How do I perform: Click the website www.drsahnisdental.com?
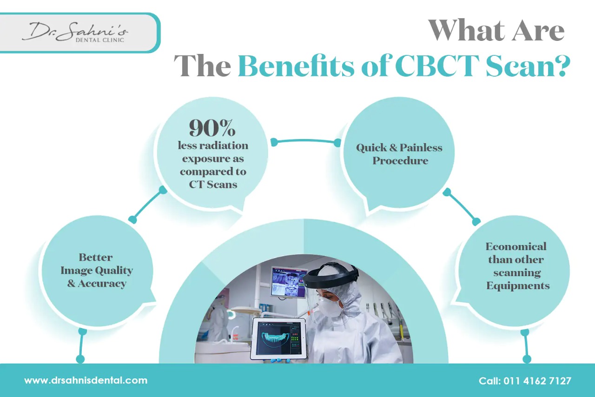(x=86, y=380)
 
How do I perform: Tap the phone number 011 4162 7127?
(x=537, y=381)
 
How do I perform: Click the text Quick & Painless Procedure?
(x=399, y=154)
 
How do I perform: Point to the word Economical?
(x=516, y=246)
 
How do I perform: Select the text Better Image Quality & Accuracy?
(x=96, y=271)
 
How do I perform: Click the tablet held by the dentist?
(x=278, y=338)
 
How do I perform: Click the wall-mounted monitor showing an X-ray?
(x=289, y=282)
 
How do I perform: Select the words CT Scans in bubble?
(x=213, y=184)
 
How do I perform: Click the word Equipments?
(x=518, y=285)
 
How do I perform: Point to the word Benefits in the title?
(x=297, y=66)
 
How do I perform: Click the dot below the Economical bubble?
(x=527, y=359)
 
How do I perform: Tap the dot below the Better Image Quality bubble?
(x=80, y=359)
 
